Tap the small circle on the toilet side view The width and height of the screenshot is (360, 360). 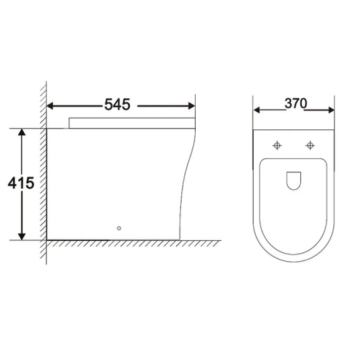120,228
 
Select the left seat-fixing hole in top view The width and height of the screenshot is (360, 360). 277,145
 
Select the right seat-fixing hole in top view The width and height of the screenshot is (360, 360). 310,145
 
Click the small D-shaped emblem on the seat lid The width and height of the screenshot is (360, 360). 293,180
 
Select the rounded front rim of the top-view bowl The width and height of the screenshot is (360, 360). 293,260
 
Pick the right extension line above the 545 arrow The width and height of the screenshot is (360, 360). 195,101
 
